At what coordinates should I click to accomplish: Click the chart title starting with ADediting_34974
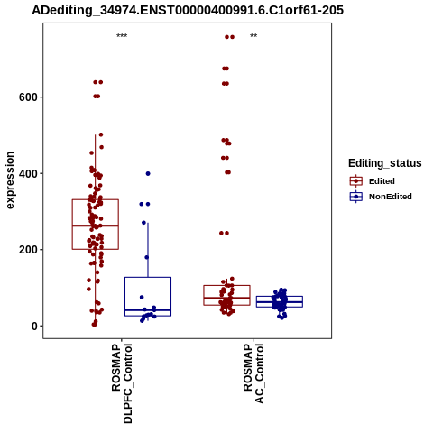pos(188,10)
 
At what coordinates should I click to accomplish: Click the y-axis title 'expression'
pos(10,180)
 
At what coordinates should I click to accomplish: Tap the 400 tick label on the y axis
pos(28,173)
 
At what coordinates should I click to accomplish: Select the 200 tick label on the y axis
pos(28,250)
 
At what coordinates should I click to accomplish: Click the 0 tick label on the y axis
pos(34,326)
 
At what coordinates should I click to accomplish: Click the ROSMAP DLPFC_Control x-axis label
pos(122,383)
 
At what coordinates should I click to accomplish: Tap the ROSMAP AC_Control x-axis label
pos(253,373)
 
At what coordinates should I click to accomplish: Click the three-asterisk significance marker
pos(122,36)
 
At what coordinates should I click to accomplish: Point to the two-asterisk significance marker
pos(253,36)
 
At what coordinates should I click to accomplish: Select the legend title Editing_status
pos(385,163)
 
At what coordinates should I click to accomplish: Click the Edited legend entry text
pos(382,181)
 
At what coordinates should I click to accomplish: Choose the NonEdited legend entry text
pos(391,197)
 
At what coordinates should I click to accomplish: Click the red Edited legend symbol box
pos(356,181)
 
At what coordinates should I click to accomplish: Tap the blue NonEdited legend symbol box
pos(356,197)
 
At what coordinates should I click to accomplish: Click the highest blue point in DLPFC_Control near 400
pos(148,173)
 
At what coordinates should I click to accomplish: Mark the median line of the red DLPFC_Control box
pos(96,226)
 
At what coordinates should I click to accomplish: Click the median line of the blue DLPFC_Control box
pos(148,310)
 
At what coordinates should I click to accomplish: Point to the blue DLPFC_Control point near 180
pos(147,257)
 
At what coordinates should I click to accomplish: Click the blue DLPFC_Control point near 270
pos(143,223)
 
